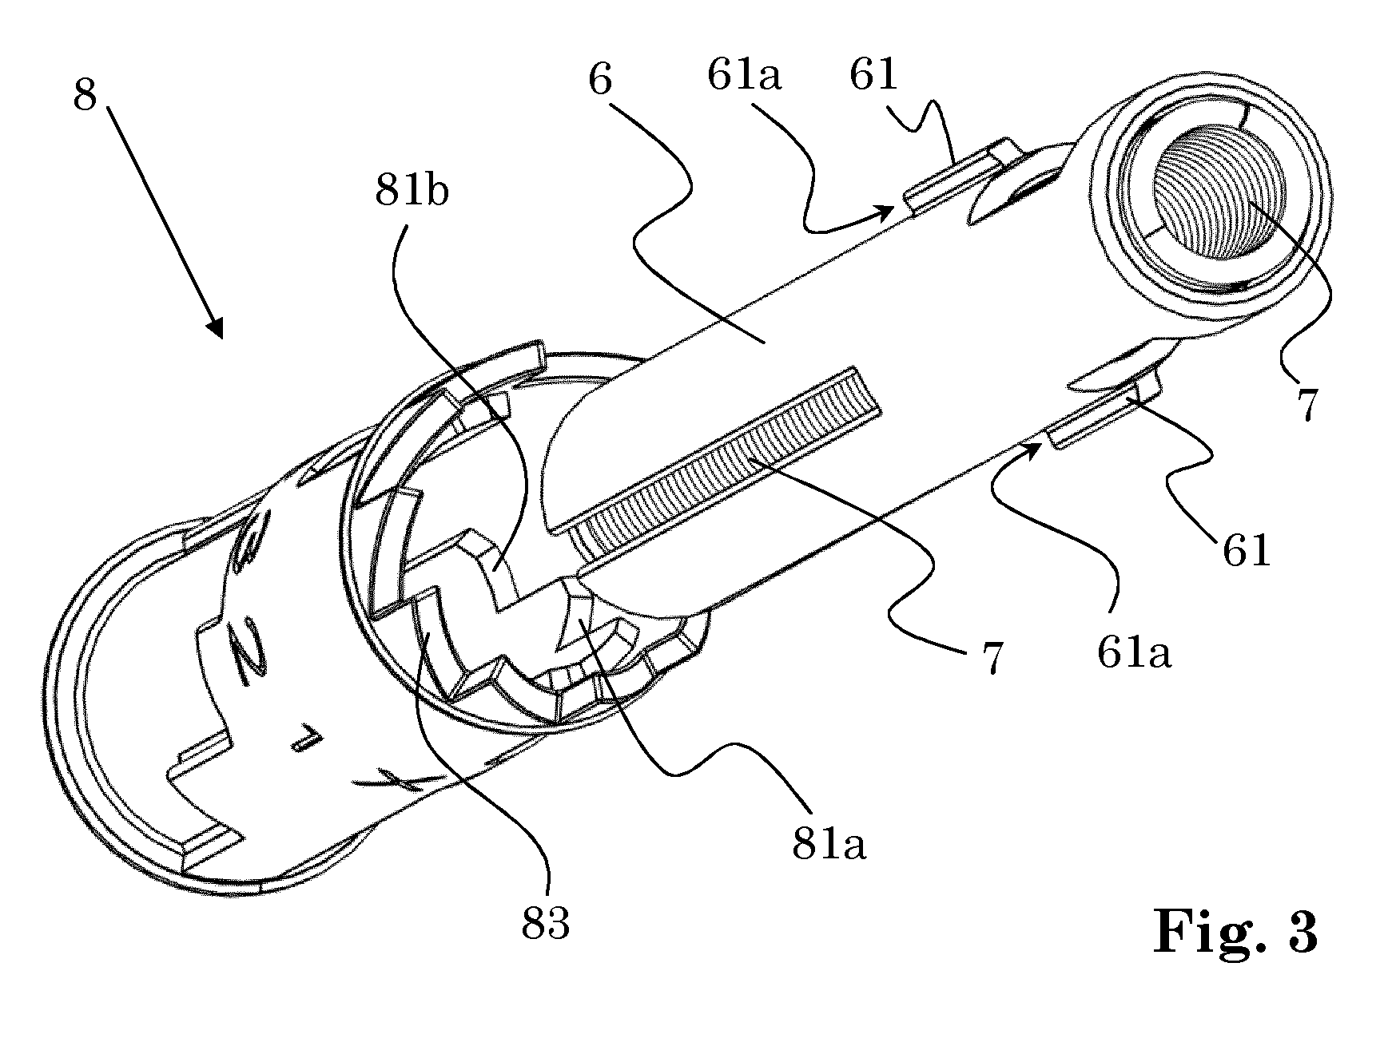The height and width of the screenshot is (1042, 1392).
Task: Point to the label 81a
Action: (x=829, y=844)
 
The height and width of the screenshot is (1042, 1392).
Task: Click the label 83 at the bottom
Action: (x=546, y=924)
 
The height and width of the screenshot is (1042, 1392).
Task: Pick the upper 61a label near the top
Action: (x=744, y=76)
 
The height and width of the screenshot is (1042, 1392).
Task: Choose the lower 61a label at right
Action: (x=1134, y=653)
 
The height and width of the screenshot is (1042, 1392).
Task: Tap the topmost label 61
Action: (x=874, y=76)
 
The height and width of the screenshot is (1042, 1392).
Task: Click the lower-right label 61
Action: (x=1247, y=550)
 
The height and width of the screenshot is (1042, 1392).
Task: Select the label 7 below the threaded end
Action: (x=1306, y=405)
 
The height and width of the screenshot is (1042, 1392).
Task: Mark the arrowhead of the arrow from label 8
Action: (x=216, y=328)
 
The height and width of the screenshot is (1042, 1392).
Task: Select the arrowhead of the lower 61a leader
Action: (x=1031, y=450)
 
